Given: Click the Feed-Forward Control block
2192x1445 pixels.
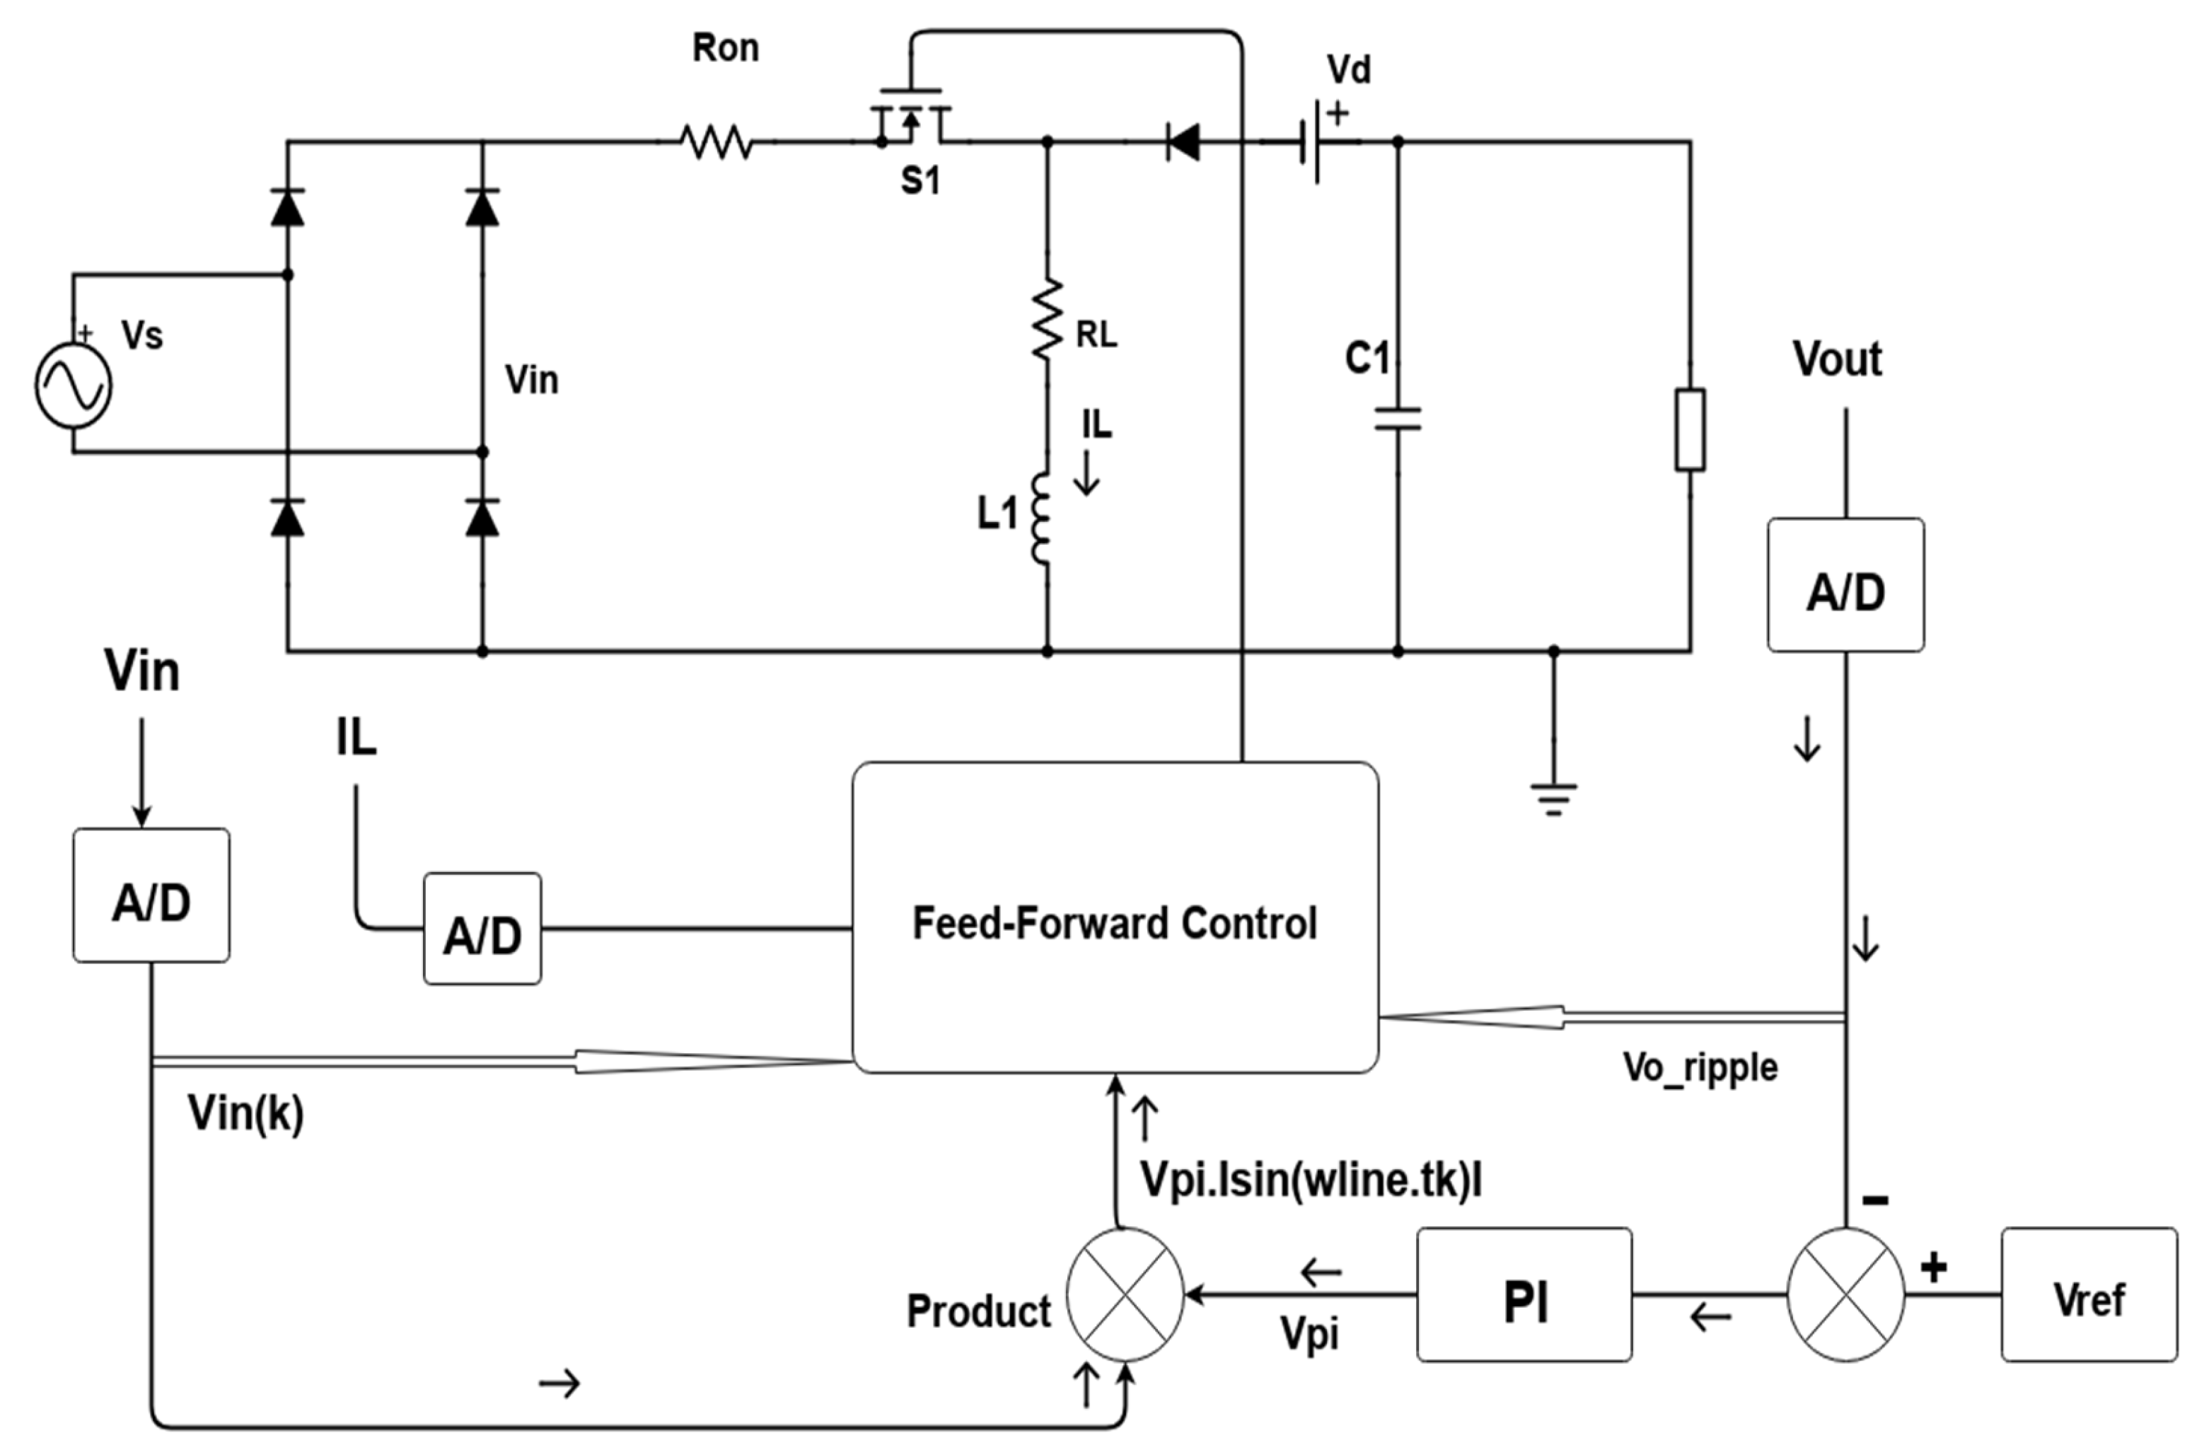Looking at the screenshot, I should (x=1115, y=917).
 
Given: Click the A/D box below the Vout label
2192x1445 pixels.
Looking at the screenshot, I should (x=1845, y=585).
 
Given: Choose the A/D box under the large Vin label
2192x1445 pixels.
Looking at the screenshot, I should (x=151, y=895).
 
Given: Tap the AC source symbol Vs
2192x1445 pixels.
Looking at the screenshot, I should (x=74, y=385).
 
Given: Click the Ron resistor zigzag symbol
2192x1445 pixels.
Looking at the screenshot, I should (x=717, y=142).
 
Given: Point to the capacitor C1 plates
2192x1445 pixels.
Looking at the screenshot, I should (x=1398, y=419).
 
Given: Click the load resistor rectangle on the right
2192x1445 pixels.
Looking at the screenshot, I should (x=1690, y=430).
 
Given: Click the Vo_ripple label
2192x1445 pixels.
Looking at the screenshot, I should (x=1700, y=1067).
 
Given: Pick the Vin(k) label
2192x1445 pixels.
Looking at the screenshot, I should (x=246, y=1113).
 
